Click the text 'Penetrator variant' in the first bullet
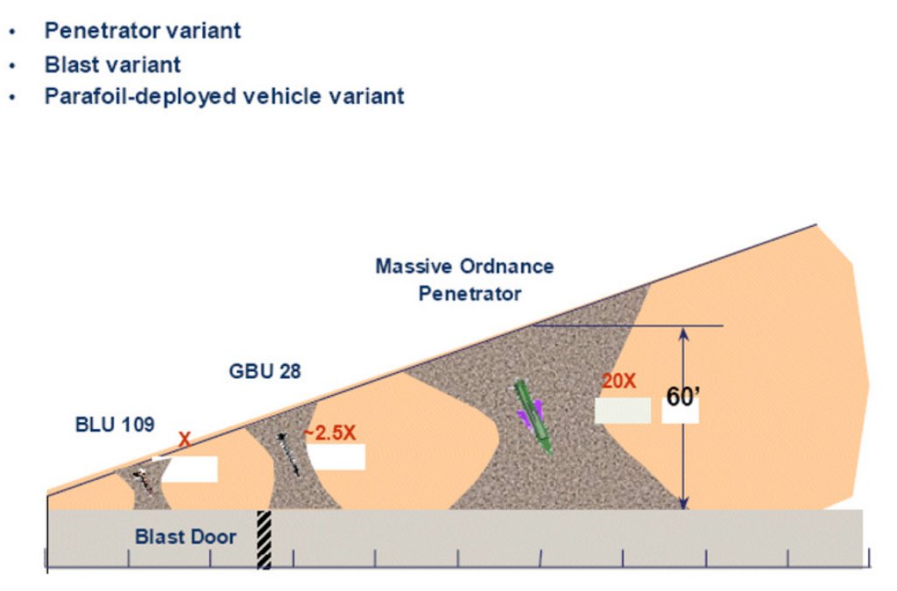(143, 31)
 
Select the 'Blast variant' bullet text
(113, 65)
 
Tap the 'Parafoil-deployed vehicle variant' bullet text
(224, 96)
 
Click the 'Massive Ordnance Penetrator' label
(464, 280)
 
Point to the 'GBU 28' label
(265, 371)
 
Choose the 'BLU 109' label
(115, 425)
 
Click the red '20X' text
(618, 381)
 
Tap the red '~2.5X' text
(329, 433)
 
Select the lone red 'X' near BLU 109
(184, 440)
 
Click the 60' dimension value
(683, 397)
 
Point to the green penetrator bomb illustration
(533, 417)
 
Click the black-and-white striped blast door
(264, 539)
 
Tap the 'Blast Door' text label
(186, 537)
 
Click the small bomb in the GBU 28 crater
(288, 454)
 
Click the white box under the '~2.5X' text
(335, 457)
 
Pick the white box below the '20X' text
(623, 411)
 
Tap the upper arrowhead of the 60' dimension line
(683, 333)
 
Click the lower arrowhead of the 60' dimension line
(683, 503)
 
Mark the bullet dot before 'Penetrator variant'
(12, 32)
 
